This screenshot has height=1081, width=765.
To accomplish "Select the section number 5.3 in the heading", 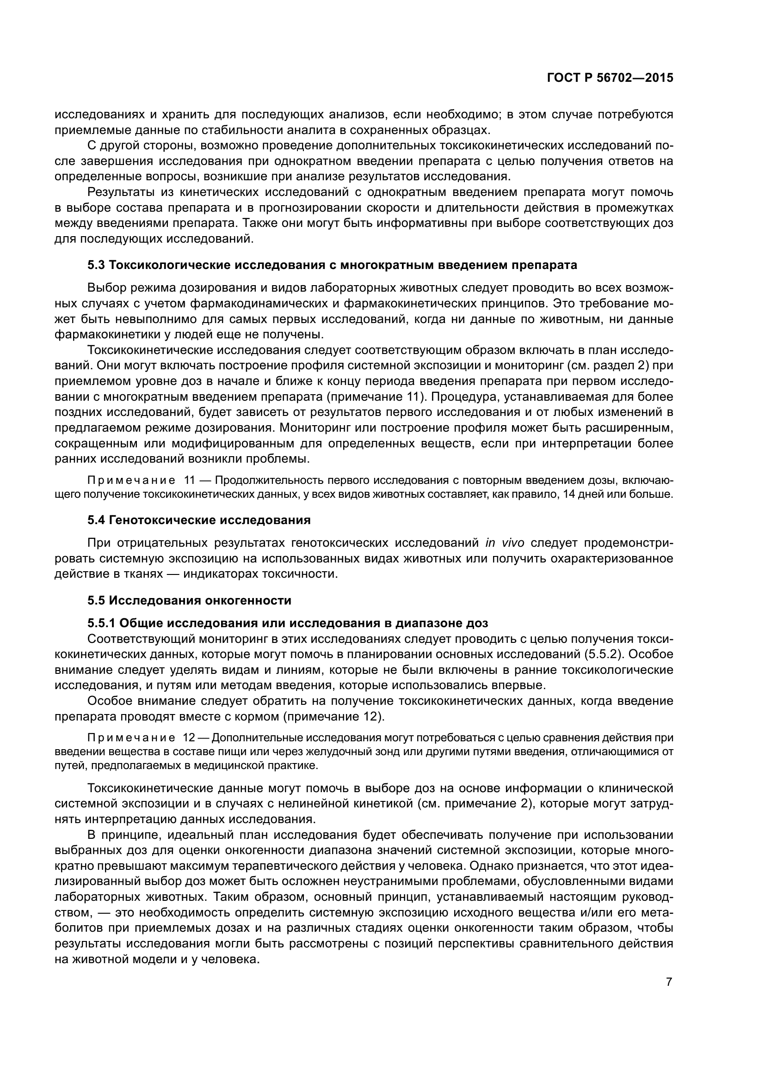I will click(x=96, y=265).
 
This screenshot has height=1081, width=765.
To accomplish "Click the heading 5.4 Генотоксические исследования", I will click(x=199, y=520).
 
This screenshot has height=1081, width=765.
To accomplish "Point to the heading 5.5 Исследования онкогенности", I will click(x=189, y=600).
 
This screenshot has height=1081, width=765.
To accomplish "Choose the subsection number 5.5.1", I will click(x=101, y=623).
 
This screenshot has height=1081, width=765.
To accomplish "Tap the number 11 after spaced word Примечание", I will click(x=189, y=480).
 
